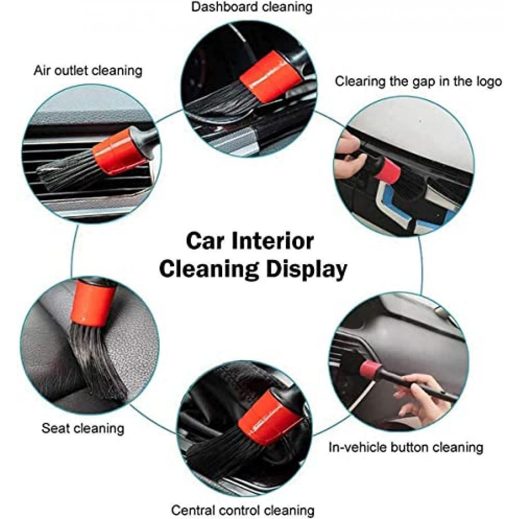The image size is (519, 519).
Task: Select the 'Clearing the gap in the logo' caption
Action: click(418, 81)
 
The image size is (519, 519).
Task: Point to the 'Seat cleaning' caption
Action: click(83, 429)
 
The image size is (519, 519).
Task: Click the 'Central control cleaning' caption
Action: click(243, 510)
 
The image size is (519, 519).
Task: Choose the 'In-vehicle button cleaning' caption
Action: click(406, 447)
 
